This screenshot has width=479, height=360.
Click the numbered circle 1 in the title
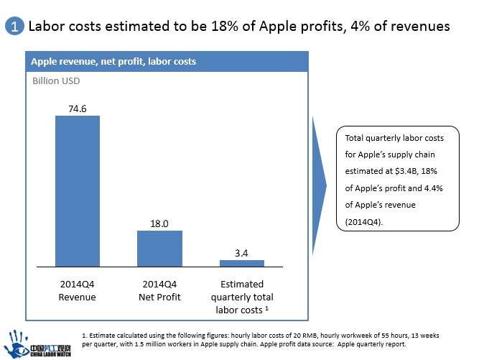[x=14, y=27]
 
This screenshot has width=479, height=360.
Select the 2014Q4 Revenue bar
[x=78, y=191]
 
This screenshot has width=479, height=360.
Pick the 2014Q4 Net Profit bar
[x=159, y=249]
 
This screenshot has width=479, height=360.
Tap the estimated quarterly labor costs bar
[x=241, y=263]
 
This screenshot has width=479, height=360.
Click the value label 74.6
[x=78, y=108]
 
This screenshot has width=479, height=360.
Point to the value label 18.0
[x=159, y=223]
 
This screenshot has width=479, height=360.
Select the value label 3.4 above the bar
[x=241, y=252]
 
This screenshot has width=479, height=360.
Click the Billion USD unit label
[x=56, y=81]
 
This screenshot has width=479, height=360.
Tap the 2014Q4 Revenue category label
[x=78, y=290]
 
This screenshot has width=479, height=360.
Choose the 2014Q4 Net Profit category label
[x=159, y=290]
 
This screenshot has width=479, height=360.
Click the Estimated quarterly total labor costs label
[x=241, y=297]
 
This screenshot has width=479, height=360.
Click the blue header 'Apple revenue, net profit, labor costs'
[x=113, y=62]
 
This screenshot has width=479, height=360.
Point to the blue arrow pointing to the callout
[x=320, y=185]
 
